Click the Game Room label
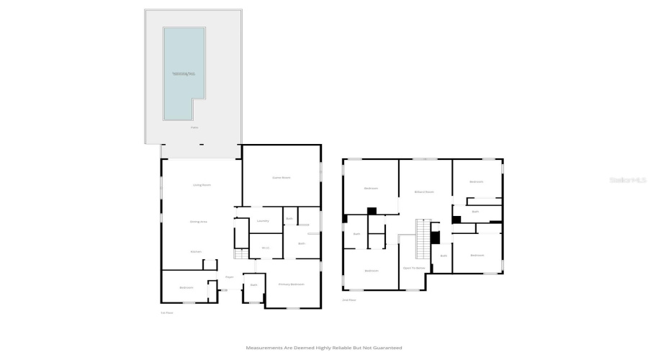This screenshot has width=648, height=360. pos(281,177)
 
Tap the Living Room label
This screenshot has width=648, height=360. pos(202,185)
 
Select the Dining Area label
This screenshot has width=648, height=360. pos(199,222)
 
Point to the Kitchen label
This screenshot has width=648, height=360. pos(196,251)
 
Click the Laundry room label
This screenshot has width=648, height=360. pos(263,221)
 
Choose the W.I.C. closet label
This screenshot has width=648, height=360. pos(265,248)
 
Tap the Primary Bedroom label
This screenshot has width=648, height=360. pos(292,284)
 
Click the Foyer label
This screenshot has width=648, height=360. pos(230,276)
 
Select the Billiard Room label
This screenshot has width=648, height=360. pos(425,192)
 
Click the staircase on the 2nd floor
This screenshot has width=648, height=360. pos(423,240)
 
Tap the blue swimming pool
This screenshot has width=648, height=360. pos(183,72)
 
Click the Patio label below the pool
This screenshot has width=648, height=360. pos(194,127)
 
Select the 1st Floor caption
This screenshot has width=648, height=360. pos(167,312)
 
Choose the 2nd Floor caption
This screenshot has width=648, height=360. pos(349,299)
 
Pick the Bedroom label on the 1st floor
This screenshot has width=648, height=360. pos(186,287)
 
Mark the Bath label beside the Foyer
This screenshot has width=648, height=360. pos(253,285)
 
